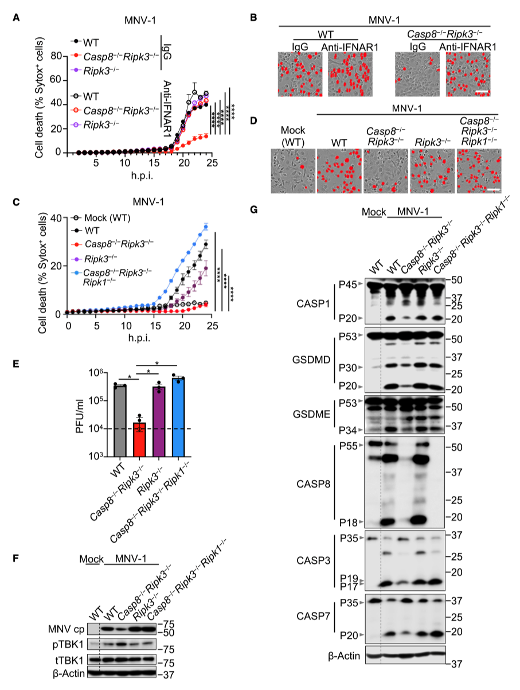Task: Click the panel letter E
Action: [x=17, y=364]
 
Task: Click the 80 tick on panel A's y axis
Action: [x=56, y=56]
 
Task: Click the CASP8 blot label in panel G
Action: [x=315, y=483]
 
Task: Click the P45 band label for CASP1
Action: [x=347, y=283]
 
